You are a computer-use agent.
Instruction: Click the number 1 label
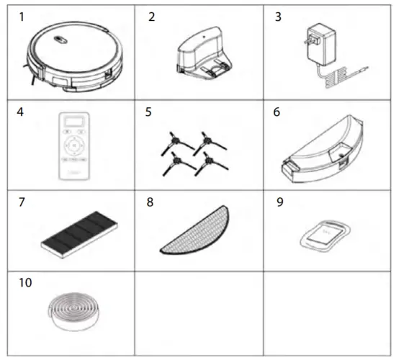(x=23, y=16)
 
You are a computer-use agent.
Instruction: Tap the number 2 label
(x=151, y=17)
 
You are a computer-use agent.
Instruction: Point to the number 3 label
(x=278, y=17)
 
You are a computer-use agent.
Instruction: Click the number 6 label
(x=279, y=112)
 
